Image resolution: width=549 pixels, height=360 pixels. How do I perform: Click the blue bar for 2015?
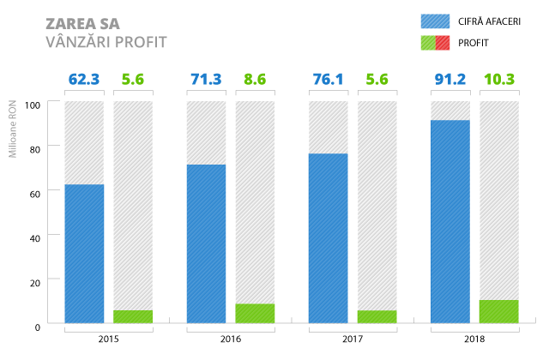click(x=84, y=254)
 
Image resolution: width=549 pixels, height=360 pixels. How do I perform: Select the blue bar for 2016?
click(x=206, y=244)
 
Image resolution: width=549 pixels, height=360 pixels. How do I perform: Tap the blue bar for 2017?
click(x=328, y=238)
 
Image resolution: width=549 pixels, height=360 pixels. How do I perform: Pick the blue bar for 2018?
click(x=450, y=222)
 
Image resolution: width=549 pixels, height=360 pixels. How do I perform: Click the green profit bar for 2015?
click(x=133, y=316)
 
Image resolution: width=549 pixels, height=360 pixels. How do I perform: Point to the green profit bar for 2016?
click(x=255, y=314)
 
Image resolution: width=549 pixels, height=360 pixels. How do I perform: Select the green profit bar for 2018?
click(x=499, y=312)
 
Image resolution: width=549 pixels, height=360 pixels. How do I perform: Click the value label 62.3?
click(x=84, y=81)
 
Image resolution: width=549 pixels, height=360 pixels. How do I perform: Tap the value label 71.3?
click(x=206, y=81)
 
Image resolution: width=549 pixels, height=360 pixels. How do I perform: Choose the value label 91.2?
click(x=450, y=81)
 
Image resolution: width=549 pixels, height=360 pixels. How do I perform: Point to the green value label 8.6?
click(x=255, y=81)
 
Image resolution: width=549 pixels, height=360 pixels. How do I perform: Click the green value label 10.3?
click(x=499, y=81)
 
